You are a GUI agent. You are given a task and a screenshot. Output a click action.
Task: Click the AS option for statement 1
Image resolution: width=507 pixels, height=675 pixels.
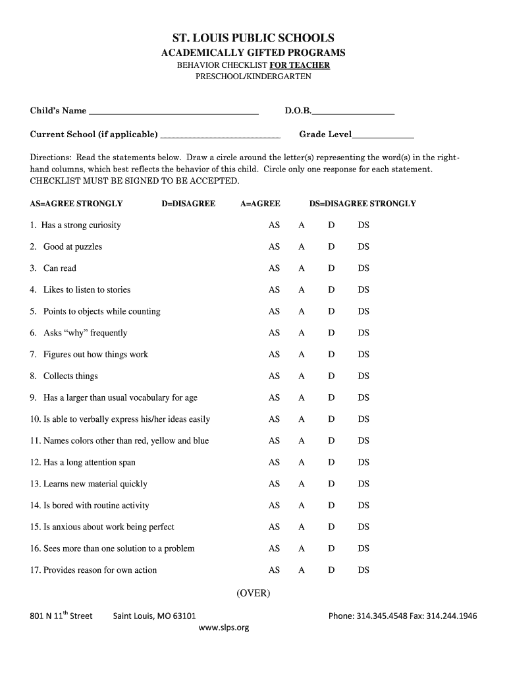(274, 225)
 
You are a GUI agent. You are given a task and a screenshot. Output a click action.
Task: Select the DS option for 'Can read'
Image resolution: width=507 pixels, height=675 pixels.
(363, 268)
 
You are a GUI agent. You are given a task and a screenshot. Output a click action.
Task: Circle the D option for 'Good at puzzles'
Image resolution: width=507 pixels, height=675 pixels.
(332, 247)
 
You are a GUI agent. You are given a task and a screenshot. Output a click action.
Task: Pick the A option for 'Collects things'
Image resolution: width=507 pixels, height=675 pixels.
(302, 376)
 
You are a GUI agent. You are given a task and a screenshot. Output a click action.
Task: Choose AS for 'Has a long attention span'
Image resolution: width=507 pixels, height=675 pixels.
(274, 463)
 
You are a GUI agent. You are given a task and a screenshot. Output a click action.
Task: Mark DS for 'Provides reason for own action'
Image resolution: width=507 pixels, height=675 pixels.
(363, 570)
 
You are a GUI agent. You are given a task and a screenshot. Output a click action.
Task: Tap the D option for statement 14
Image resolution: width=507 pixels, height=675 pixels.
(332, 506)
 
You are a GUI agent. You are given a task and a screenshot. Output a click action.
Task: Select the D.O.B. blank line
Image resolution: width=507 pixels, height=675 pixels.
(354, 113)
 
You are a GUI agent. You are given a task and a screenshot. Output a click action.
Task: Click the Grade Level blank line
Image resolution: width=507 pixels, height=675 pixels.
(383, 136)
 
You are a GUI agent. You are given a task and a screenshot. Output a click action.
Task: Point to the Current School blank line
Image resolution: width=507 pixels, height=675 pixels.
(220, 136)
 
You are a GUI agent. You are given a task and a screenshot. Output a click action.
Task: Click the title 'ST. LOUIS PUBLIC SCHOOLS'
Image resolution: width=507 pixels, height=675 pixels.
(254, 38)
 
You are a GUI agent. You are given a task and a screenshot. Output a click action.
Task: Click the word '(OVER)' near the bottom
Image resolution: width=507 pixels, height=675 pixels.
(254, 593)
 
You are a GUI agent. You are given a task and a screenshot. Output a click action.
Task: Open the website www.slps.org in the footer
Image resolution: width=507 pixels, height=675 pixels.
(224, 628)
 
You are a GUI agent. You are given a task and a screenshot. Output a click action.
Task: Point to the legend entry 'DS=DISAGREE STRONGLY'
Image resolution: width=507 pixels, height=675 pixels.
(363, 204)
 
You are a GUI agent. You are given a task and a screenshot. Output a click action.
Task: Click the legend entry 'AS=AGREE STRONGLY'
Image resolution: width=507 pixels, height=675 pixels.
(76, 204)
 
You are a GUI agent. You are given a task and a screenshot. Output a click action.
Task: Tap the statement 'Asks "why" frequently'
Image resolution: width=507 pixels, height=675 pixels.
(85, 333)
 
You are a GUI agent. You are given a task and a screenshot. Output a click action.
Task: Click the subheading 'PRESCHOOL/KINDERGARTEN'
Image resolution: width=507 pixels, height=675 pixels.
(254, 76)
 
